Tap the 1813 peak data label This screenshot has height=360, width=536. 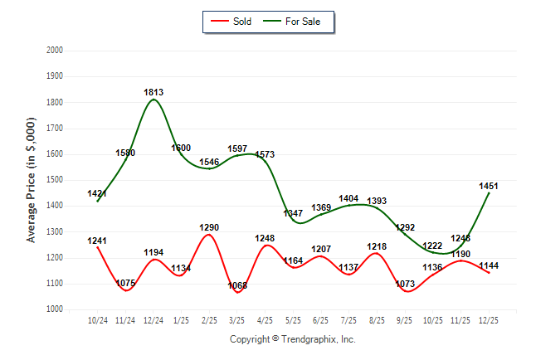[153, 92]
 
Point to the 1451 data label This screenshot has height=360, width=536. [489, 187]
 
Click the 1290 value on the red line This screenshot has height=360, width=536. [209, 227]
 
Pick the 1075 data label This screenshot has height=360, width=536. [125, 283]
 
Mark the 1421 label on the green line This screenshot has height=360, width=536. [97, 194]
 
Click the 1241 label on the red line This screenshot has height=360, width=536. [97, 241]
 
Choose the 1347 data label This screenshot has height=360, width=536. [293, 213]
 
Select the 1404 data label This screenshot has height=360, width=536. [348, 199]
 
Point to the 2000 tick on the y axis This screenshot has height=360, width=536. [54, 51]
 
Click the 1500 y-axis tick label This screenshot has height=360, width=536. [54, 180]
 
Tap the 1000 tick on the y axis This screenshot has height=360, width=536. [54, 309]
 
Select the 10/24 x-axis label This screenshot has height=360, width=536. [97, 320]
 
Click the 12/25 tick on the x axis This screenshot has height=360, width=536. [489, 320]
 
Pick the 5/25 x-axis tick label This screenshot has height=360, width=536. [293, 320]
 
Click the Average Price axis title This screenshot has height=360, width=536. [32, 180]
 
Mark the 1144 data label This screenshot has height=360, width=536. [489, 265]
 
